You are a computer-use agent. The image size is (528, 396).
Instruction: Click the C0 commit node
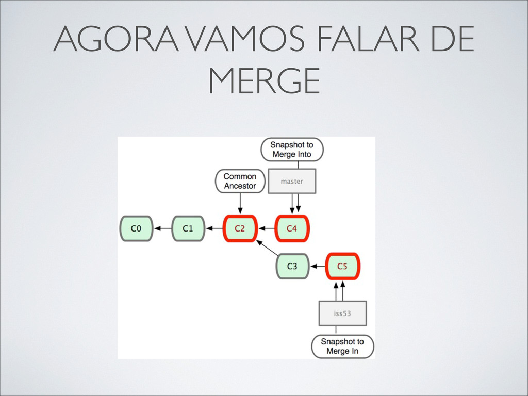[x=136, y=228]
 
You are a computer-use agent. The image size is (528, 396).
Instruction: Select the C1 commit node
[x=188, y=228]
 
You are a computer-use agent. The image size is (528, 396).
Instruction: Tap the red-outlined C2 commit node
[x=240, y=228]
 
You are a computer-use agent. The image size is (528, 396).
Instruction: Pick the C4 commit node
[x=292, y=228]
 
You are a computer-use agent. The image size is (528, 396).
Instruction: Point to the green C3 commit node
[x=292, y=267]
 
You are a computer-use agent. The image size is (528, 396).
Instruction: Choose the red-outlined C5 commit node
[x=342, y=267]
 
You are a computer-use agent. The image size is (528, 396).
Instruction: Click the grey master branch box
[x=292, y=181]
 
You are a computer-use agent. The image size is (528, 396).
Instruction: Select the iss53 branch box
[x=342, y=313]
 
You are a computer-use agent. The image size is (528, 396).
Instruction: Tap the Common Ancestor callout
[x=240, y=181]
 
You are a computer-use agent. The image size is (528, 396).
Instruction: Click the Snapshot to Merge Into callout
[x=292, y=150]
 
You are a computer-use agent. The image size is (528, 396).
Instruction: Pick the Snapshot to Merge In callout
[x=342, y=346]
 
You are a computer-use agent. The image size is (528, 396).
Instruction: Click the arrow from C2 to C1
[x=214, y=228]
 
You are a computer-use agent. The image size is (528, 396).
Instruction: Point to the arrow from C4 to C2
[x=266, y=228]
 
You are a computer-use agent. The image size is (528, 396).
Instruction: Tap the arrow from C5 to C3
[x=318, y=267]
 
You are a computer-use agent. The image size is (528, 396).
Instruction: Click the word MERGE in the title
[x=264, y=81]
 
